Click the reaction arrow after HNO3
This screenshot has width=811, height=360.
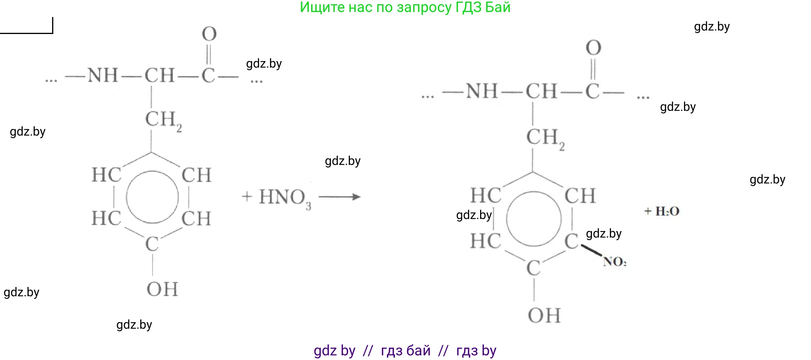pos(339,197)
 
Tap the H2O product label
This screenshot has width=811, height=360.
pos(667,211)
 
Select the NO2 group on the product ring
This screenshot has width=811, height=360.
pos(615,262)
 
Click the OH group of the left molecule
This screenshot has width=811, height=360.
pos(162,289)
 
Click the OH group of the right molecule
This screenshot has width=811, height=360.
pos(544,315)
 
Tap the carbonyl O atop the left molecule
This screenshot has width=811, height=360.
pos(209,34)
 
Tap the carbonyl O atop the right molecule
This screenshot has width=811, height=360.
pos(594,48)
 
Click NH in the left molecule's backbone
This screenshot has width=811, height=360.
pos(103,75)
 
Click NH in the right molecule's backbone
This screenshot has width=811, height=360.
pos(482,92)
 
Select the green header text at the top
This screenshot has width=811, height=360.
pos(405,7)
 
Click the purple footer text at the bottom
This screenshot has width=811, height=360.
pos(405,350)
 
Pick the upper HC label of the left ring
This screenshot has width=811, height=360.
pos(106,175)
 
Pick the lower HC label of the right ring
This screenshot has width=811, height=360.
pos(485,241)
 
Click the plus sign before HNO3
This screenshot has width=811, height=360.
pos(247,197)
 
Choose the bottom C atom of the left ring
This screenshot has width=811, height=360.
pos(152,244)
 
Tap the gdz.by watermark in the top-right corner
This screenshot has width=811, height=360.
pos(712,27)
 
